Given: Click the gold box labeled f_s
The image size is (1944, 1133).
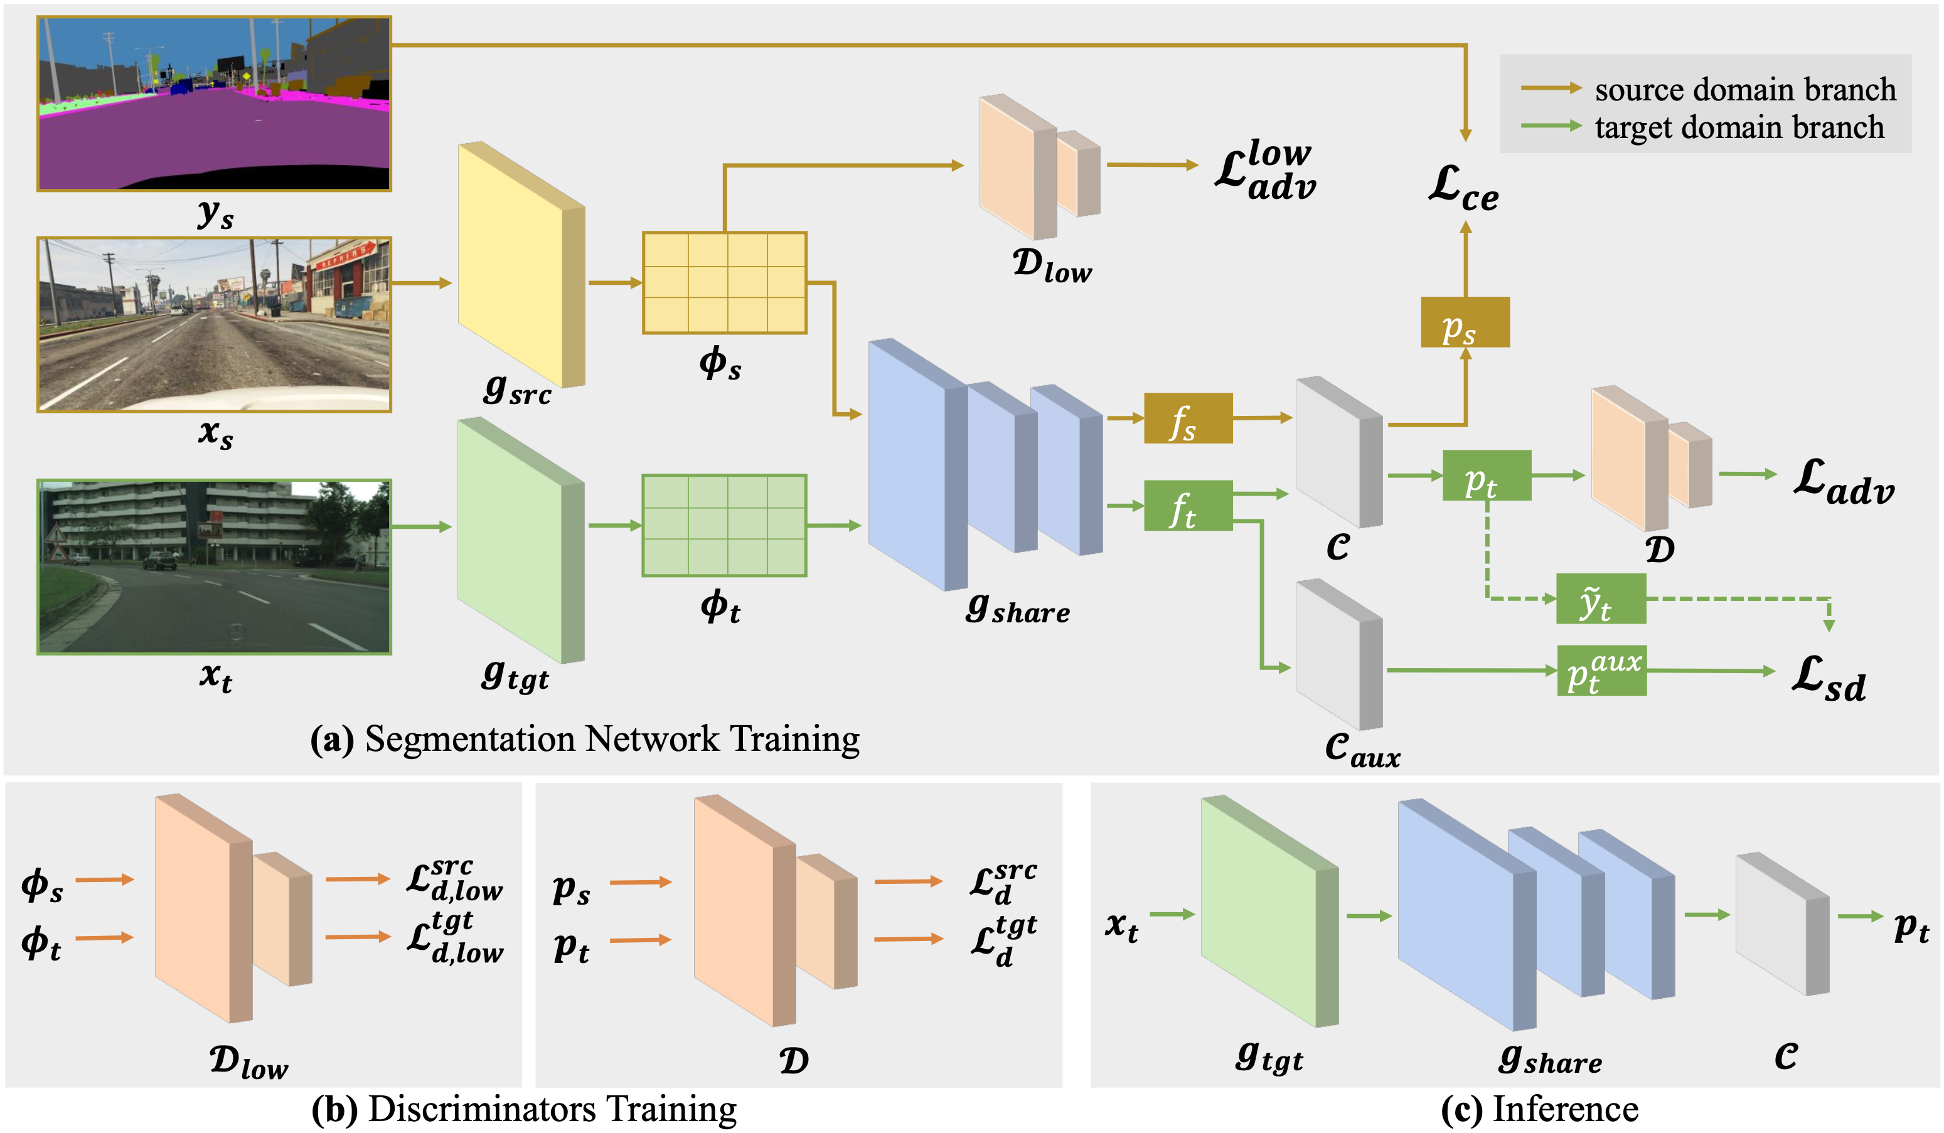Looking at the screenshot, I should (1187, 418).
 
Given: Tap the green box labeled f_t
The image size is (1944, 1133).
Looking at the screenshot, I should (1187, 505).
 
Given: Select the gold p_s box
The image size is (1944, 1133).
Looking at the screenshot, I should (1464, 322).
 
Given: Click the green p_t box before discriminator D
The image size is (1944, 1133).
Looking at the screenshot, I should (1486, 475).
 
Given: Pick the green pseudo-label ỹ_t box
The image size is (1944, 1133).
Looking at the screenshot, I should (1600, 598).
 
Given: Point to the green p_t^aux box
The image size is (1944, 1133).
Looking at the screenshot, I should (1601, 670).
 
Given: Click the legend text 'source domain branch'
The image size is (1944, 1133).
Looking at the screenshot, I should (1745, 90).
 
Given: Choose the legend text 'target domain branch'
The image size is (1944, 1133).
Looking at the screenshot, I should (1739, 127).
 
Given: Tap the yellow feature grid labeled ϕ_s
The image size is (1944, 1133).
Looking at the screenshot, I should (724, 283).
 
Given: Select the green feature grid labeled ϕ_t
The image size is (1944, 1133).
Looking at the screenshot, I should (724, 525).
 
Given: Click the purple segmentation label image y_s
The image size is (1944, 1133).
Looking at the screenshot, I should (215, 104).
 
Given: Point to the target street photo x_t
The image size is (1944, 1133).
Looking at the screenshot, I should (215, 567).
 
